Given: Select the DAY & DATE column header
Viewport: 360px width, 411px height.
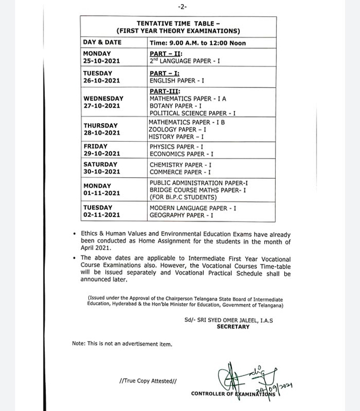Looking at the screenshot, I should (x=102, y=42).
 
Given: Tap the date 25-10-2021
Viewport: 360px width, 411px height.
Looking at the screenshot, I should (x=101, y=61).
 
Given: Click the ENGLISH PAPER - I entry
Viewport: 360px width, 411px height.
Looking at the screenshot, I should (x=177, y=81).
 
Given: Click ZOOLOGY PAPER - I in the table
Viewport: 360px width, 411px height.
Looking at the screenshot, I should (x=177, y=129).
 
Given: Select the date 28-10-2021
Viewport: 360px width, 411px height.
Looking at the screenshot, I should (x=101, y=133).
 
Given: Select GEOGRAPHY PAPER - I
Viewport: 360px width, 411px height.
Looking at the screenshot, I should (x=182, y=216).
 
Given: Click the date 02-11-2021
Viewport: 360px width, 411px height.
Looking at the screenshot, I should (x=101, y=215).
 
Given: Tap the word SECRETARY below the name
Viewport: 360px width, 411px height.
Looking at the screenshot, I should (x=233, y=327).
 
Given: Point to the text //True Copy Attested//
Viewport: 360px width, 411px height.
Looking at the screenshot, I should (x=148, y=380).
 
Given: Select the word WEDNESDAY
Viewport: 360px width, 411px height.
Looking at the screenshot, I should (x=103, y=98).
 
